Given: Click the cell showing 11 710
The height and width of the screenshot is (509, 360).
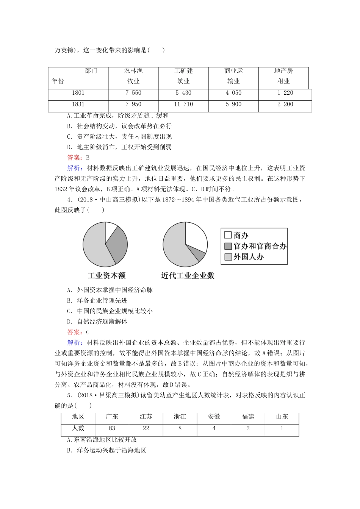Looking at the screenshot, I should (183, 105).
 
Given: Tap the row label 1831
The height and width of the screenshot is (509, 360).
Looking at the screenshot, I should (78, 105).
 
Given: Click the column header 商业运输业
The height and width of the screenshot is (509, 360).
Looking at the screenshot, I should (233, 76).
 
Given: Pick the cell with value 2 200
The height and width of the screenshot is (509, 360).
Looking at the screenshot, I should (285, 105).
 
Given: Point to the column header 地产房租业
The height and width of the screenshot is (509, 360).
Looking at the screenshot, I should (283, 76).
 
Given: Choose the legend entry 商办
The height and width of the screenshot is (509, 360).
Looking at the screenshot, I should (237, 235).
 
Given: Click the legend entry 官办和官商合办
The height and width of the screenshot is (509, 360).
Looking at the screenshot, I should (255, 246).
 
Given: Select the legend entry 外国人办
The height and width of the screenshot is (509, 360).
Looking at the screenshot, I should (244, 257).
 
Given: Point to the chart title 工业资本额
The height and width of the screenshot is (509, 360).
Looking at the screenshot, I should (106, 276).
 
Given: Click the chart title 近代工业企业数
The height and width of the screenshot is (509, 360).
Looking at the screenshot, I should (188, 276).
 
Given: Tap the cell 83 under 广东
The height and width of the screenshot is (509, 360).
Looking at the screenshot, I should (112, 429).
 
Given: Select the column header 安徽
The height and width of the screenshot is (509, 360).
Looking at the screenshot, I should (214, 417).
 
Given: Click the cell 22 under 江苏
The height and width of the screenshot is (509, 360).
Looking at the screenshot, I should (146, 429).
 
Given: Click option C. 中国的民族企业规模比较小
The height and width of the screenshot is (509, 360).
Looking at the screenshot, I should (110, 311).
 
